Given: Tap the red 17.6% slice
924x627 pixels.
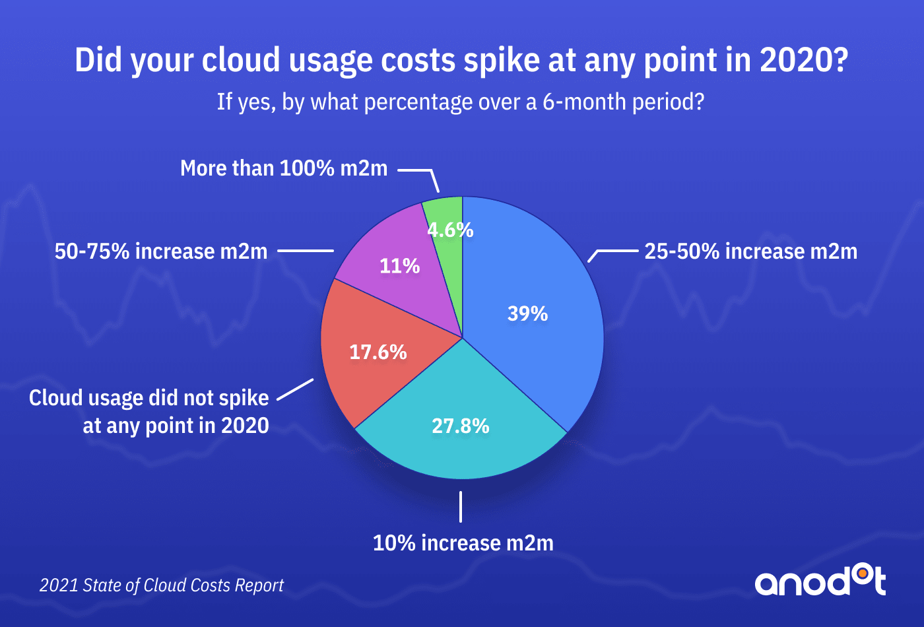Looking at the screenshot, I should click(356, 370).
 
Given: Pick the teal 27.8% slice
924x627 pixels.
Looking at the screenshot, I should click(462, 449).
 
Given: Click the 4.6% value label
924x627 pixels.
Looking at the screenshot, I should click(450, 230).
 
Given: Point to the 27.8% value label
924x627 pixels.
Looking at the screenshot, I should click(461, 426).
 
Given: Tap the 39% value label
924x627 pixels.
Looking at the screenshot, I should click(527, 313).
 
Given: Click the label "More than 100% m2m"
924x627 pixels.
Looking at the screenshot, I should click(284, 168).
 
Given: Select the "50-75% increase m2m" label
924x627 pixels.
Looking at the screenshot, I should click(161, 251).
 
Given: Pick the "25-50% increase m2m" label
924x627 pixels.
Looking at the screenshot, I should click(750, 251).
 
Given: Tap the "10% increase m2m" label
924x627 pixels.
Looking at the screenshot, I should click(463, 543).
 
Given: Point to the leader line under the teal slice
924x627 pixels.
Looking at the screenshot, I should click(461, 507).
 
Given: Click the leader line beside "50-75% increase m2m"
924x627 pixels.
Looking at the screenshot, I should click(306, 251).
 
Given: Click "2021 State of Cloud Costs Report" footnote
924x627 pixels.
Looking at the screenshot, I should click(162, 585).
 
